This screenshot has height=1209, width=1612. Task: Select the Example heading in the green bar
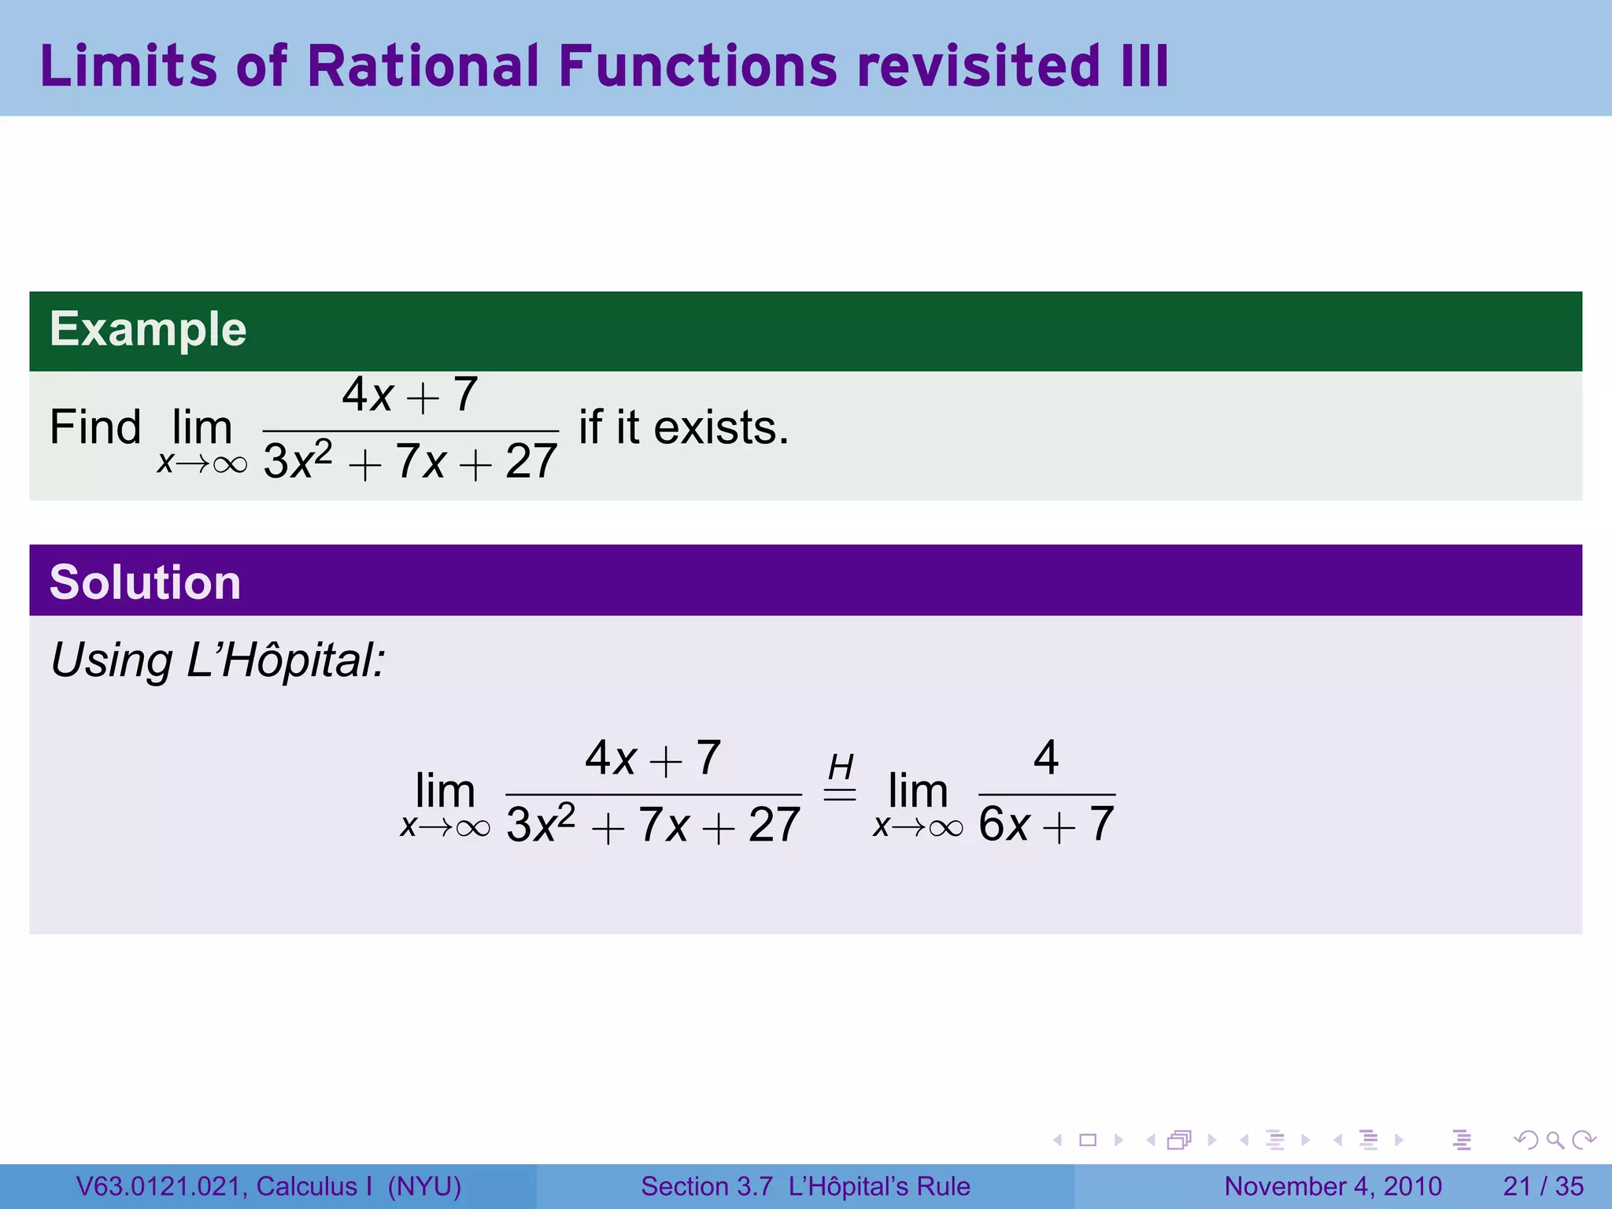pos(148,329)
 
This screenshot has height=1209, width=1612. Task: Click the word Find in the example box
pos(95,427)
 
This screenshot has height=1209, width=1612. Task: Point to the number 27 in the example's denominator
pos(531,461)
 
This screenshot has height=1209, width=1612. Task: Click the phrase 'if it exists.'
pos(683,427)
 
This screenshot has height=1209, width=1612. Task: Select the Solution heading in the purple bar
pos(145,582)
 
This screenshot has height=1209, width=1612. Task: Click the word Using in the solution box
pos(111,661)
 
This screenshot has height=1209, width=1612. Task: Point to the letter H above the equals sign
pos(841,767)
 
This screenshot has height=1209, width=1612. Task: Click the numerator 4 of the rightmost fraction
pos(1046,757)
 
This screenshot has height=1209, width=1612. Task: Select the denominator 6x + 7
pos(1046,825)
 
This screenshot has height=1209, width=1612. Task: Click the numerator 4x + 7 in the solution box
pos(653,758)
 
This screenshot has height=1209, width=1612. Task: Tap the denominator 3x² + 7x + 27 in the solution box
pos(653,825)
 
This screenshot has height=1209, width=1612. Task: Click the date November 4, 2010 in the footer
pos(1333,1186)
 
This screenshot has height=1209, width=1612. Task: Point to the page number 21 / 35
pos(1543,1186)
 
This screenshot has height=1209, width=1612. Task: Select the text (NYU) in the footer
pos(424,1186)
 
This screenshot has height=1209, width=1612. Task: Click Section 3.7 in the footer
pos(706,1186)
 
